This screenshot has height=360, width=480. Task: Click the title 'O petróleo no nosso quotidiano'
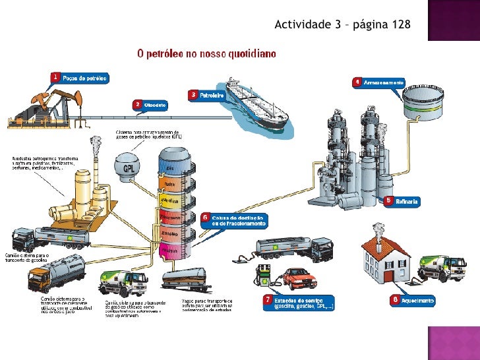point(206,53)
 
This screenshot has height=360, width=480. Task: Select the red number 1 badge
point(56,77)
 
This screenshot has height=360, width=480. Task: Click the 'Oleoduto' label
point(154,104)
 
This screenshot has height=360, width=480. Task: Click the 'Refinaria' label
point(407,200)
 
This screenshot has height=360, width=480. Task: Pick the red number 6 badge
point(205,216)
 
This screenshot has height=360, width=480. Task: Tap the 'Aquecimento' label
point(417,300)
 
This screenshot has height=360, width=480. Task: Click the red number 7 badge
point(268,300)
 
